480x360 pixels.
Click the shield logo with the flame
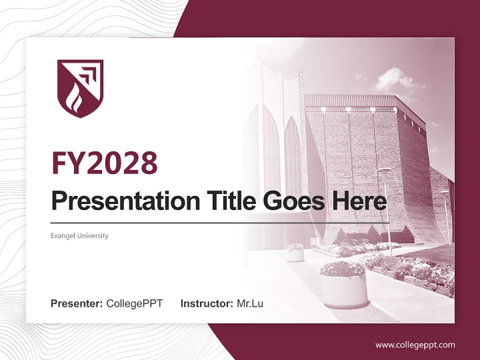[x=80, y=88]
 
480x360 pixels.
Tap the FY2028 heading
[x=104, y=163]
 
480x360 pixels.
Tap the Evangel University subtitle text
[x=79, y=235]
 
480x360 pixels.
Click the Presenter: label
[x=76, y=303]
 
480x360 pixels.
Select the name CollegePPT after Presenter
[x=134, y=303]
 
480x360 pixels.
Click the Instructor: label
[x=206, y=303]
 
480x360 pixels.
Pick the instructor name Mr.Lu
[x=250, y=303]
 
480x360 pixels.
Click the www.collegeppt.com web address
[x=415, y=344]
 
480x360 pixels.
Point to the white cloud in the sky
[x=392, y=80]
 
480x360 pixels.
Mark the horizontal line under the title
[x=220, y=222]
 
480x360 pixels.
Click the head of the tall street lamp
[x=384, y=170]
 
